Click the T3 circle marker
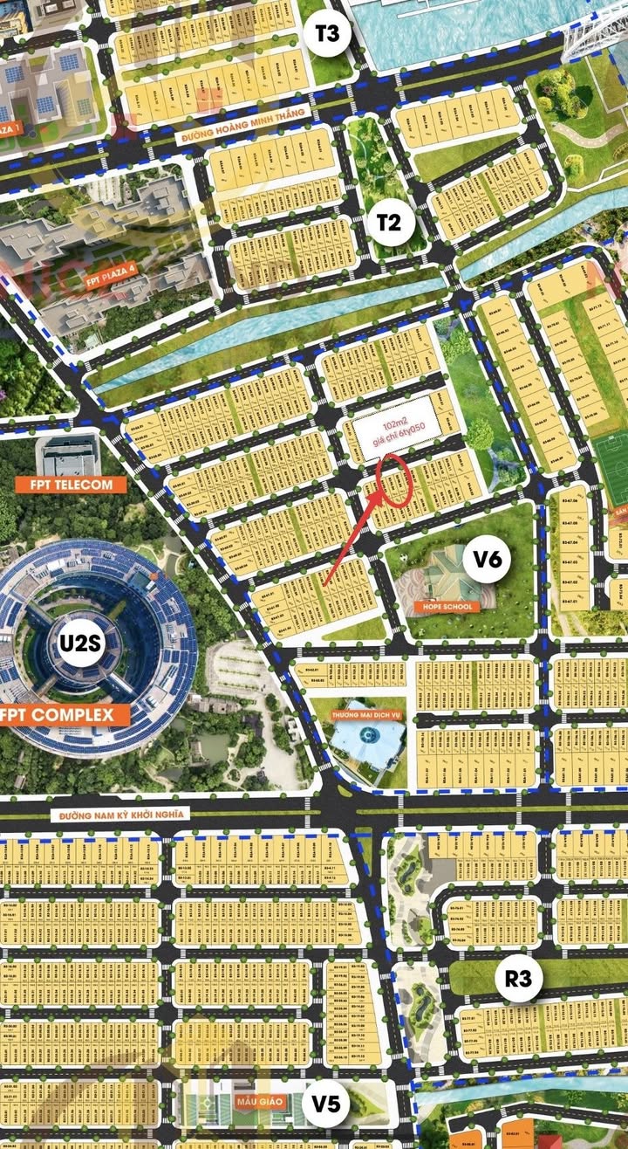331,36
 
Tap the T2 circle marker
389,223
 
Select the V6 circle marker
488,559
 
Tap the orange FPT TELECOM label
71,484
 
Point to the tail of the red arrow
324,583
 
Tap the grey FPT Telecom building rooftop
68,455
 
